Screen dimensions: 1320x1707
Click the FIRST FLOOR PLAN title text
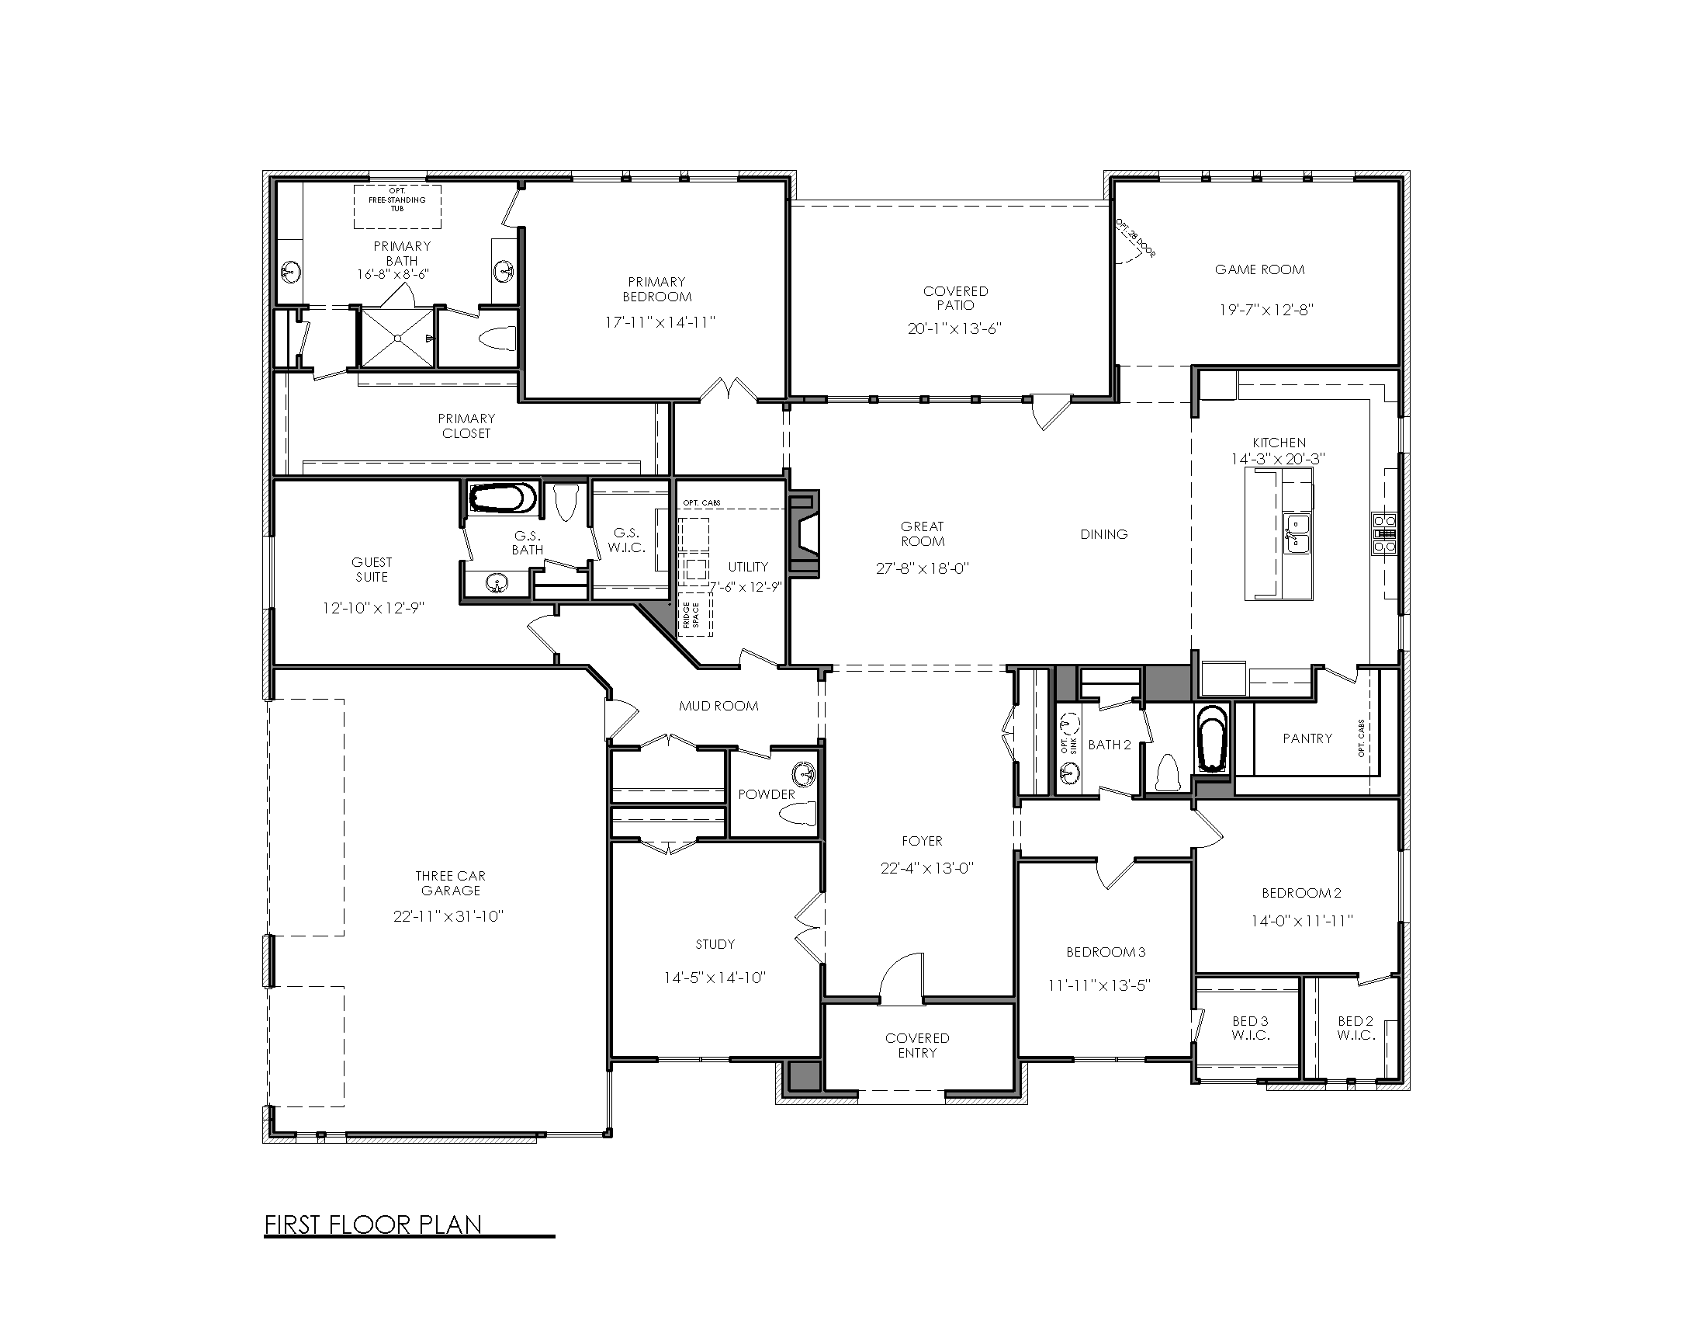tap(372, 1224)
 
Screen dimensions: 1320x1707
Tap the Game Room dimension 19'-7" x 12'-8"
tap(1266, 310)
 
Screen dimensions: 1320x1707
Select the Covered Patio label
tap(955, 298)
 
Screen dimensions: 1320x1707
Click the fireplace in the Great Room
tap(805, 534)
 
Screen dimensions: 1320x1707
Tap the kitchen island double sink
tap(1297, 533)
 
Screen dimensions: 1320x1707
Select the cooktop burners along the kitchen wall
tap(1384, 533)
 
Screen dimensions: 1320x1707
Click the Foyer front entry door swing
tap(900, 978)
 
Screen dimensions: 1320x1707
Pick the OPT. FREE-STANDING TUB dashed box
tap(397, 206)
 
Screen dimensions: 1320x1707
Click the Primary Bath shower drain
tap(398, 339)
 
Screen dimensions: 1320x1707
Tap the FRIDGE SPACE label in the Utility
tap(691, 615)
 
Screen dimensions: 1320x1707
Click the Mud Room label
tap(718, 706)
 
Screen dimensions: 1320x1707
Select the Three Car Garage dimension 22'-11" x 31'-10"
tap(448, 916)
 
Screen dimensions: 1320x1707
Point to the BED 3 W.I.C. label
tap(1250, 1027)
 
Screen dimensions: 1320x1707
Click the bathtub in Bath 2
tap(1211, 738)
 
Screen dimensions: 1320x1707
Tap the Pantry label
tap(1307, 738)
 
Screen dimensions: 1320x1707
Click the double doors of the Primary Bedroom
tap(729, 391)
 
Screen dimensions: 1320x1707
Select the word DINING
tap(1103, 534)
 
